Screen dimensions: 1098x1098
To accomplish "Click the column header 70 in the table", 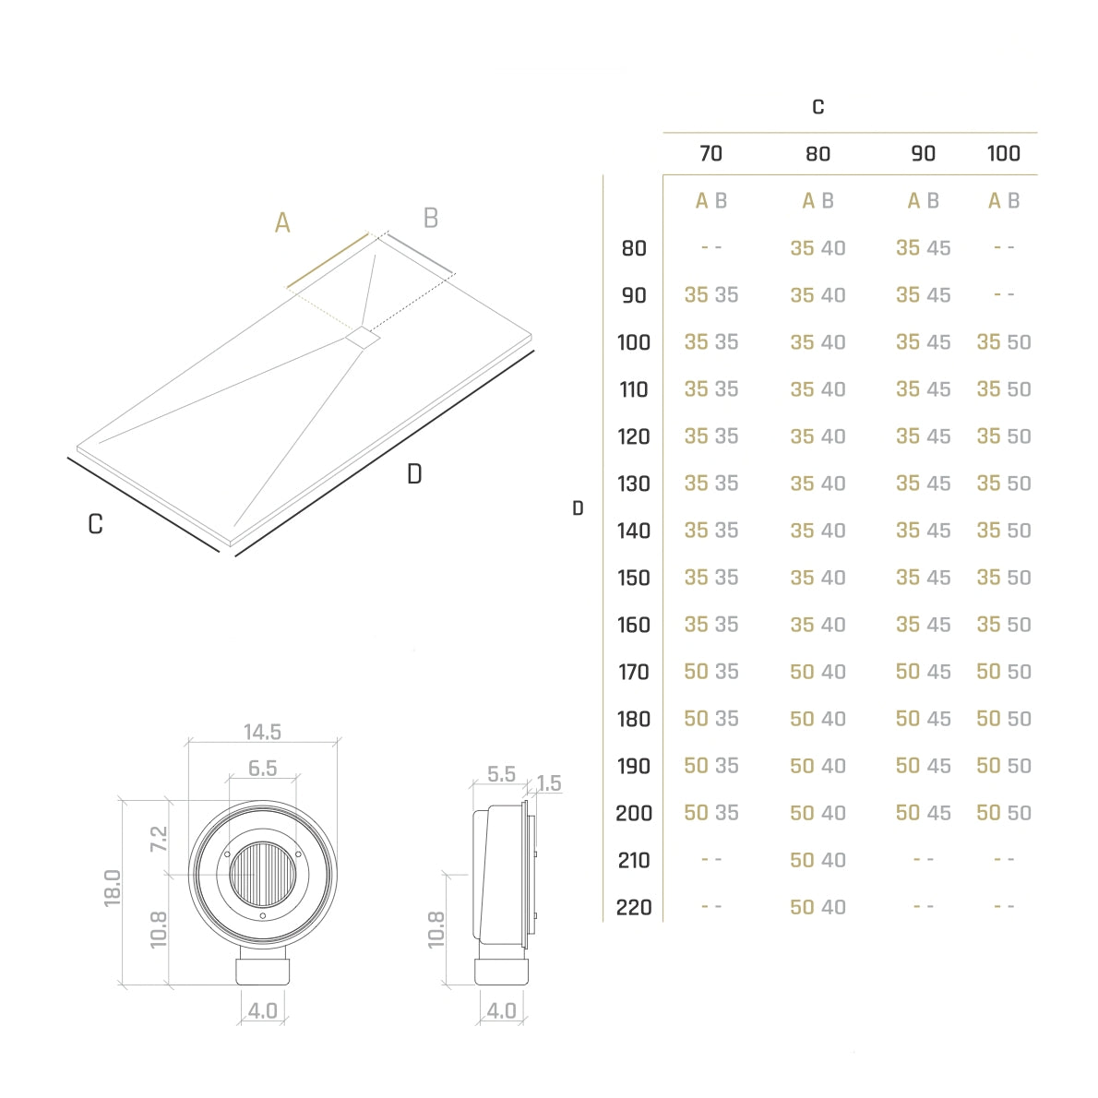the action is (710, 153).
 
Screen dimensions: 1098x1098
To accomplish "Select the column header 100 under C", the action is (1004, 153).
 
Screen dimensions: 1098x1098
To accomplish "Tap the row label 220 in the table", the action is (634, 908).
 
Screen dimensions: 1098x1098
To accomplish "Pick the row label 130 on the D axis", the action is (634, 483).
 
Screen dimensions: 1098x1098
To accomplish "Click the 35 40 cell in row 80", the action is (818, 248).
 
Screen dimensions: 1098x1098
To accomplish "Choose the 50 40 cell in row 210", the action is (818, 860).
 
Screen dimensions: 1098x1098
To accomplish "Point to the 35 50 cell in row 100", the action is (1004, 342).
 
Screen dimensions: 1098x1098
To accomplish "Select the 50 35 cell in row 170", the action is (710, 672).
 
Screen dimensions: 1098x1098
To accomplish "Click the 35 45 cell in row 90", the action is (923, 295).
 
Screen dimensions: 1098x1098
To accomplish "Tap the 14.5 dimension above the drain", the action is (263, 732).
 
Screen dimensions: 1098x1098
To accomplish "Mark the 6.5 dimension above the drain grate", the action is (263, 769).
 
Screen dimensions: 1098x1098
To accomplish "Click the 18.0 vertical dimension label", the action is (113, 889).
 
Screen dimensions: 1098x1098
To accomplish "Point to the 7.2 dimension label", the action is (159, 839).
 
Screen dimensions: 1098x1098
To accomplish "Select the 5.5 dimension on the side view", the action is (501, 774).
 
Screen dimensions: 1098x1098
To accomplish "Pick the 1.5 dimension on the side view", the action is (549, 783).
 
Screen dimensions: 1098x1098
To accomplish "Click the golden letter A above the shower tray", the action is (282, 222).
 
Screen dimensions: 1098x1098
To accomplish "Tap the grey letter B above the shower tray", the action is (431, 219).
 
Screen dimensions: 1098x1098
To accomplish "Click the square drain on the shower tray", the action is (363, 337).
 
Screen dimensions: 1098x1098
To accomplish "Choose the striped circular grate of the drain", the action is (263, 875).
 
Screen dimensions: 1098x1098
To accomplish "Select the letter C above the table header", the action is (818, 107).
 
